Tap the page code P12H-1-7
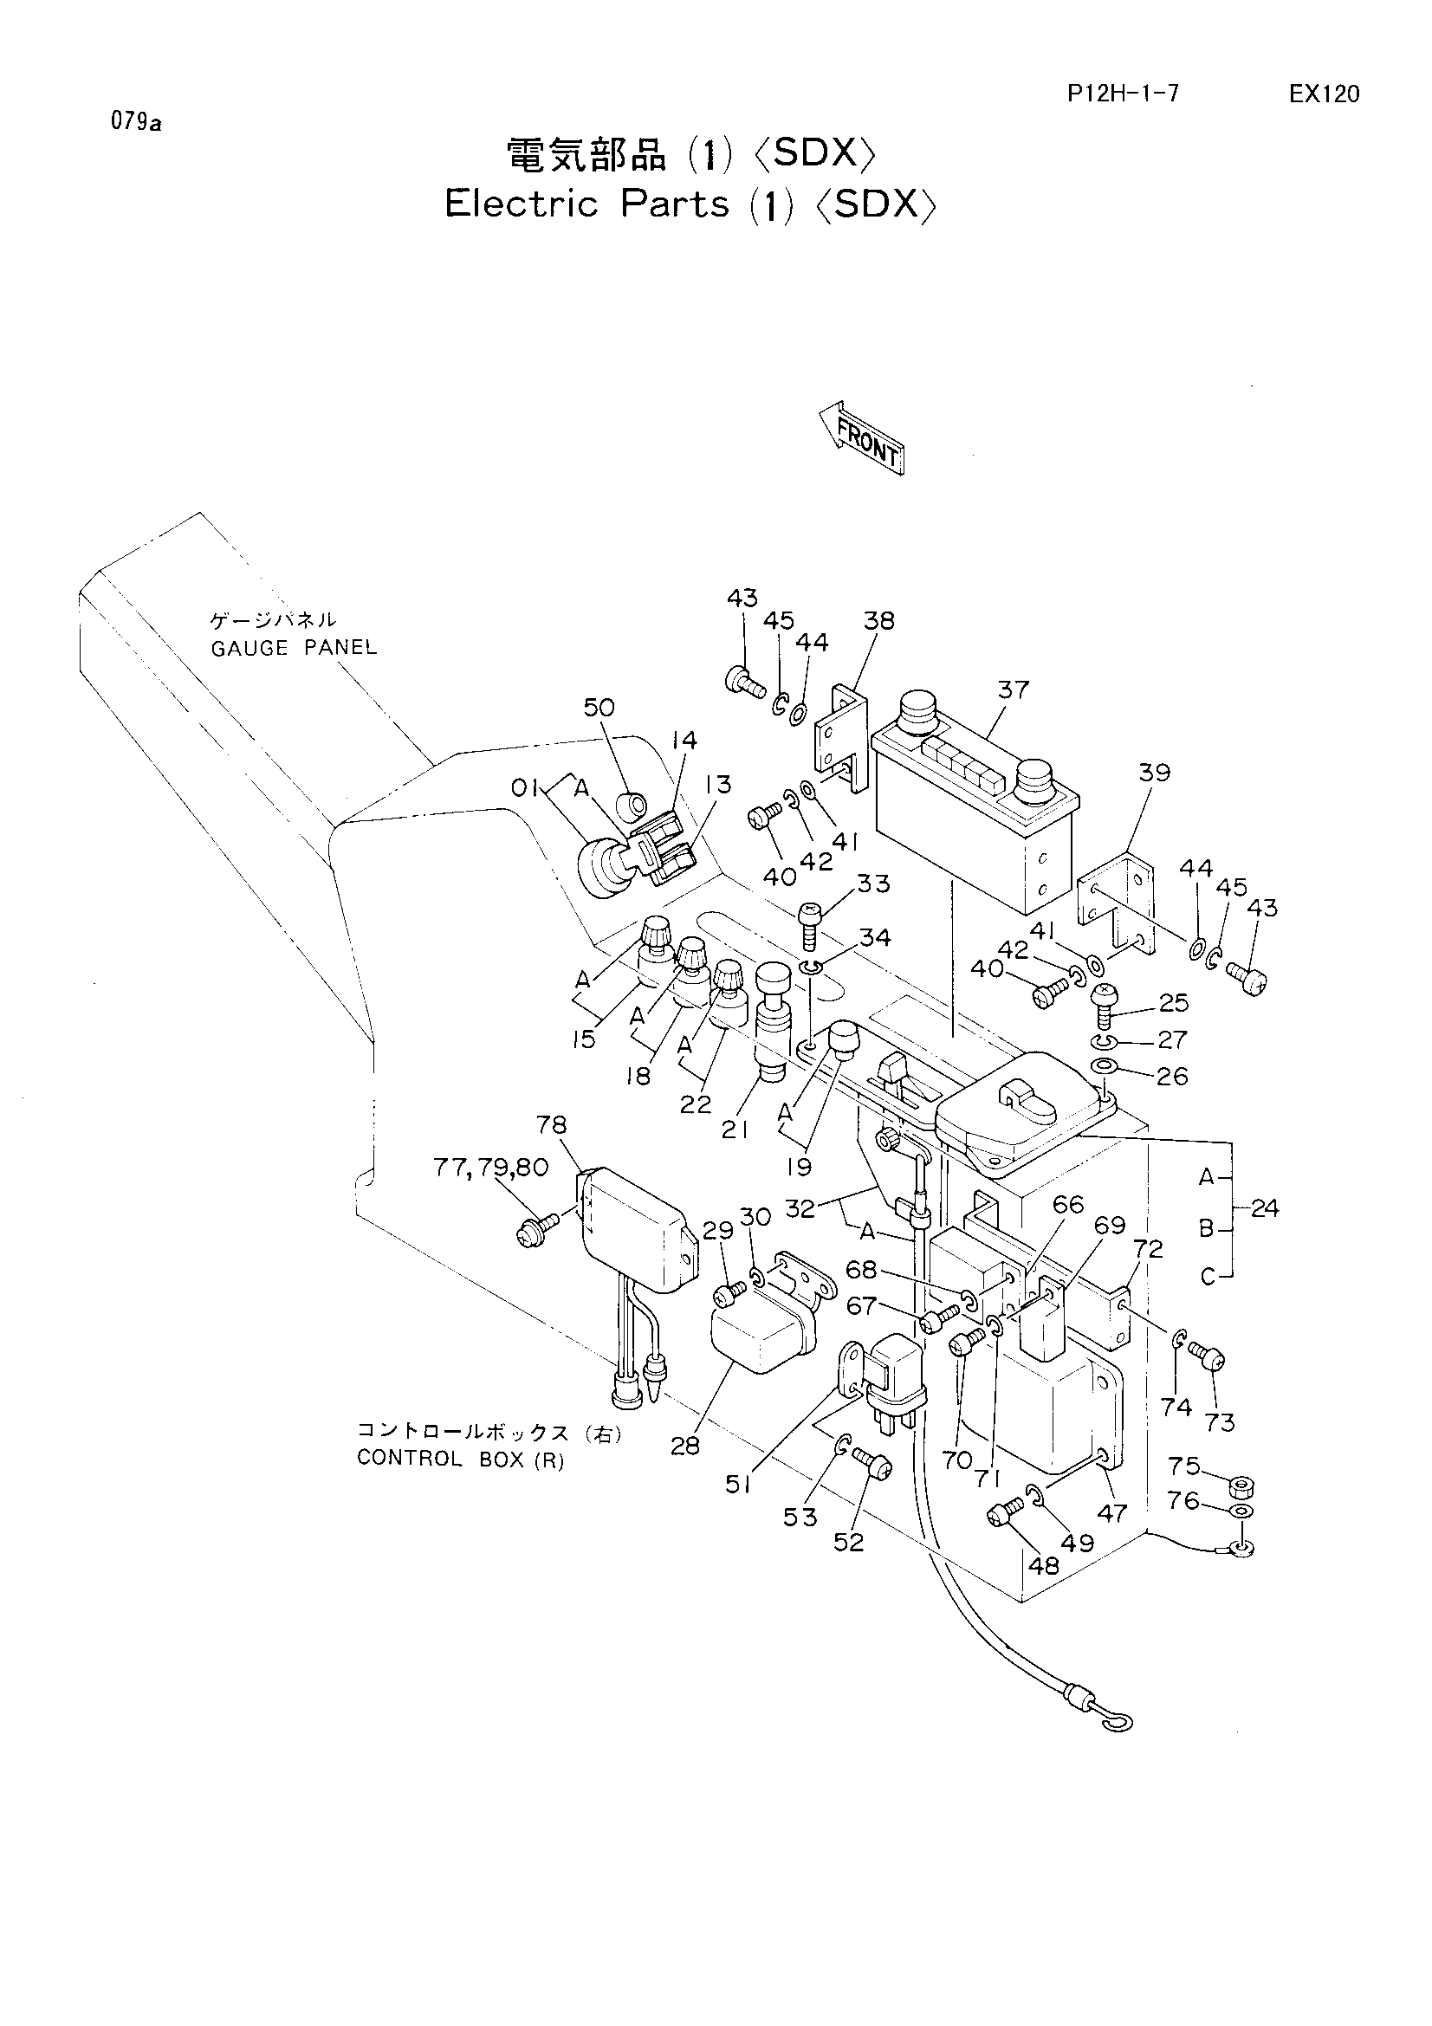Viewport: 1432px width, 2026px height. pos(1123,94)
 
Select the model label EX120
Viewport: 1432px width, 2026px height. pos(1324,94)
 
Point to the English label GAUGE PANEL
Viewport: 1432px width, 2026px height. pos(294,648)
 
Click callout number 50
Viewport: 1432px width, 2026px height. pos(599,707)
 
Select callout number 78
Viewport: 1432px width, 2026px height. pos(552,1125)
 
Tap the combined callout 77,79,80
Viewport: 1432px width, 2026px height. pos(491,1168)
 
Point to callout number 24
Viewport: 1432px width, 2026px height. pos(1264,1208)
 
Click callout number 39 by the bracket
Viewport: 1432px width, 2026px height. pos(1154,772)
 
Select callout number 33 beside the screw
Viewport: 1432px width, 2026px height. pos(873,884)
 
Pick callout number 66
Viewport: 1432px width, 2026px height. pos(1069,1205)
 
